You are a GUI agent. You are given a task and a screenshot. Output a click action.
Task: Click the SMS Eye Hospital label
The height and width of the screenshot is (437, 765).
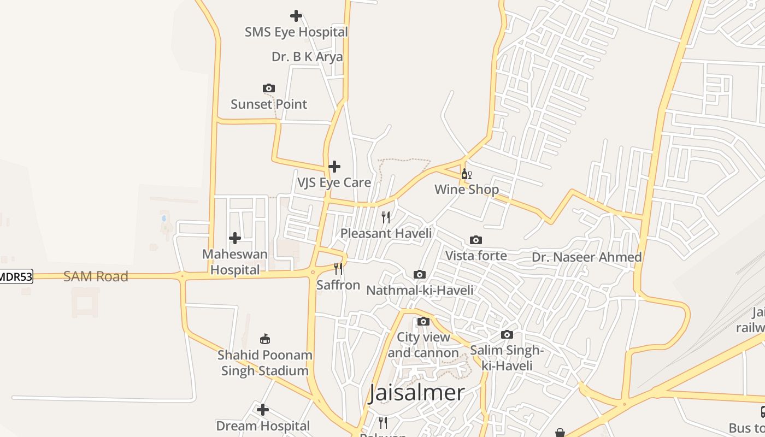point(296,32)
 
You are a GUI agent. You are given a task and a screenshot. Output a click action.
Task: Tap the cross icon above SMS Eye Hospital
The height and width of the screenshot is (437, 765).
point(296,16)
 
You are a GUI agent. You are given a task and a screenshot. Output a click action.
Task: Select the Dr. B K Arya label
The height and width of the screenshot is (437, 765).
point(307,57)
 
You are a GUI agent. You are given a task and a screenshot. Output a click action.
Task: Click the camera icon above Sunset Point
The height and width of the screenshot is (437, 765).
point(268,88)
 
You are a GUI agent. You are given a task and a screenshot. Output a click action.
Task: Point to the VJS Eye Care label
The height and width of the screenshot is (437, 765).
point(334,182)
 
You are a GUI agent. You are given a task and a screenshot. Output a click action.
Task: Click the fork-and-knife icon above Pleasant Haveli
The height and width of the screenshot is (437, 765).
point(386,217)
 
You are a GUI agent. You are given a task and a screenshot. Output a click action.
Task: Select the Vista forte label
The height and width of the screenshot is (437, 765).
point(476,256)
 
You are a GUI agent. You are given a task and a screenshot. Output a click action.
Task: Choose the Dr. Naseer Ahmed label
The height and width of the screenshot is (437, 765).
point(587,257)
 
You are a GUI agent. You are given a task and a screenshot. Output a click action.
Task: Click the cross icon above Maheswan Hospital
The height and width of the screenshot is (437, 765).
point(235,238)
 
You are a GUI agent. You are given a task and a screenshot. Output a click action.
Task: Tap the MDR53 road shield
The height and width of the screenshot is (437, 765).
point(15,277)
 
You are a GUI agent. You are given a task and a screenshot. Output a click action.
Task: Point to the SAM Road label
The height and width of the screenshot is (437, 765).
point(96,276)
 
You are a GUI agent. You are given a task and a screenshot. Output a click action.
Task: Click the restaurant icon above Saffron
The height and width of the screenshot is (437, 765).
point(338,269)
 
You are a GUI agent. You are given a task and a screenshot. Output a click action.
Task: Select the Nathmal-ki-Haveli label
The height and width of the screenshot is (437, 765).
point(420,290)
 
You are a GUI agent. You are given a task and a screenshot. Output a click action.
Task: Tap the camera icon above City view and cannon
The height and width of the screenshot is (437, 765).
point(423,321)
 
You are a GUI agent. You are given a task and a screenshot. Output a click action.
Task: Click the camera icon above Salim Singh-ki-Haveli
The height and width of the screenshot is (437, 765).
point(507,334)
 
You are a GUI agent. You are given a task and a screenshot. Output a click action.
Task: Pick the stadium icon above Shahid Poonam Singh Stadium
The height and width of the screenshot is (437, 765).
point(265,339)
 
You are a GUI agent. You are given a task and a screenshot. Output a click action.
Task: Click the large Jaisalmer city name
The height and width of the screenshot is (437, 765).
point(416,393)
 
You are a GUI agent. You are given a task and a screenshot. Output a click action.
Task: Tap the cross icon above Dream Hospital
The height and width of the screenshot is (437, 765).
point(263,410)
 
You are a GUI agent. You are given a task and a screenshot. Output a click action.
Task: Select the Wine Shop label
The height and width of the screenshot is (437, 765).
point(467,190)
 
